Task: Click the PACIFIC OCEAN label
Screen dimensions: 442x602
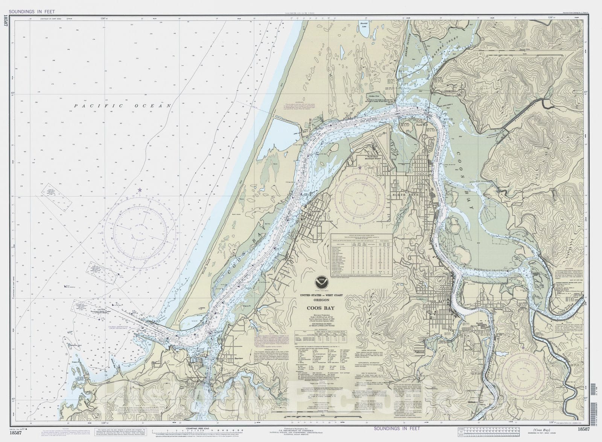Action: [x=123, y=106]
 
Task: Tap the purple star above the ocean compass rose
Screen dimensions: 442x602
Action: [x=140, y=190]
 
